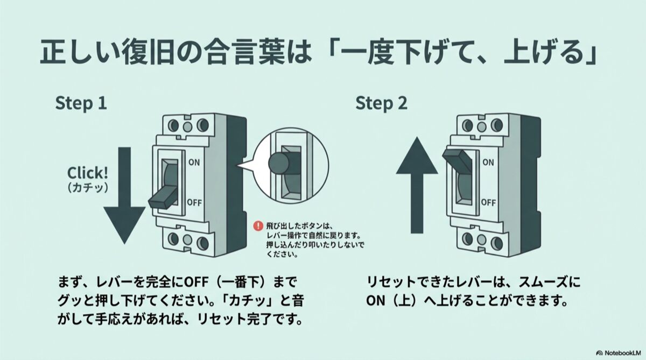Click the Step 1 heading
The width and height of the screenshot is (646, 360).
[81, 103]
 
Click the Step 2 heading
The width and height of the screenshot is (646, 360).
[381, 103]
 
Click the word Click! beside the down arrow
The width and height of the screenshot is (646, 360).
[87, 173]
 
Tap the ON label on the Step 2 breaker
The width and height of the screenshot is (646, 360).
[488, 161]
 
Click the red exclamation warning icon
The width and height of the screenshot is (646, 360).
[259, 227]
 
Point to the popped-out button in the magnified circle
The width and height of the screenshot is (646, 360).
[280, 162]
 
